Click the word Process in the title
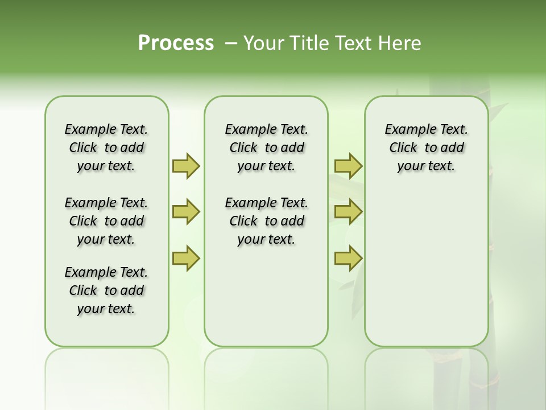coord(176,43)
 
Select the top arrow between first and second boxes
coord(185,166)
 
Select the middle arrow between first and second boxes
coord(185,212)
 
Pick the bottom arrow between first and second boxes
coord(185,259)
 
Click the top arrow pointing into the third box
coord(348,166)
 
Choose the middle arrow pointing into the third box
coord(348,212)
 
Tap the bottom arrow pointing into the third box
coord(348,259)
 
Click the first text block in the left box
coord(106,147)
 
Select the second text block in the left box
coord(106,221)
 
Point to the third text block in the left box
coord(106,290)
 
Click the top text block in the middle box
coord(266,147)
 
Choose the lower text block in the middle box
coord(266,221)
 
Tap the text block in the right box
coord(426,147)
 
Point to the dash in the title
coord(230,43)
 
